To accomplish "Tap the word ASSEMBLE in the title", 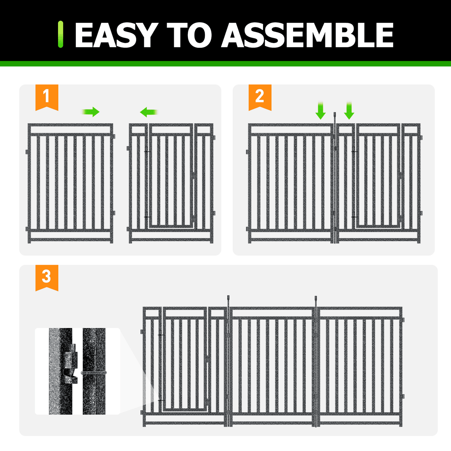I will click(x=307, y=35).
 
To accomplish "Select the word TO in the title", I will click(x=189, y=35).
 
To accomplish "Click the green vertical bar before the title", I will click(x=61, y=34).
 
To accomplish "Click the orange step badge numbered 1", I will click(x=47, y=97).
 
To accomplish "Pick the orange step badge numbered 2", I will click(x=260, y=97).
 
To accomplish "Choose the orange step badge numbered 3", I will click(x=47, y=277).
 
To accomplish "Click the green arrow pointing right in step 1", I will click(x=91, y=112).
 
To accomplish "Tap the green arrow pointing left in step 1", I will click(x=149, y=112).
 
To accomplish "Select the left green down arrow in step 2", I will click(x=321, y=111).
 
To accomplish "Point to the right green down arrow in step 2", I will click(x=349, y=111).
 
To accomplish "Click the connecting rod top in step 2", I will click(x=335, y=114).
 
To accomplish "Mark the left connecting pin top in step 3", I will click(x=228, y=297).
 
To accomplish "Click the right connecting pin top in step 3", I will click(x=316, y=298).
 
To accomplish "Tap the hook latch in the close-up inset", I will click(x=71, y=373).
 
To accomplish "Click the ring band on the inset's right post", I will click(x=94, y=373).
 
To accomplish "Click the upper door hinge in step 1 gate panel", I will click(x=147, y=151).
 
